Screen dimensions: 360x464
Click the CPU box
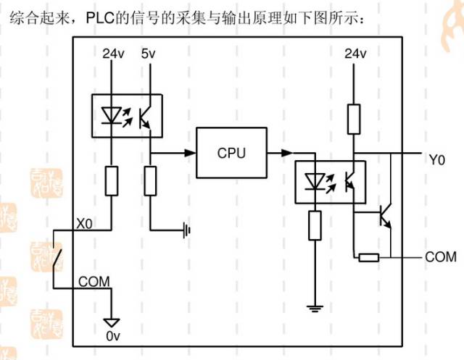231,153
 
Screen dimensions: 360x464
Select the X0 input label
86,224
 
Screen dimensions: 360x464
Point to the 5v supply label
149,54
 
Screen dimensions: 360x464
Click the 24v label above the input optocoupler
113,54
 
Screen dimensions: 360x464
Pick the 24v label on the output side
355,54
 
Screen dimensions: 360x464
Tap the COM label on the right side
441,256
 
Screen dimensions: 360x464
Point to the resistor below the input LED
113,180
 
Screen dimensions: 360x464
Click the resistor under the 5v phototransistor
150,180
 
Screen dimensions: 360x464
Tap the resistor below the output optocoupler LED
315,225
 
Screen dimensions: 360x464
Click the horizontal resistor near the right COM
368,256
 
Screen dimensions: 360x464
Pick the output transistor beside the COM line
384,214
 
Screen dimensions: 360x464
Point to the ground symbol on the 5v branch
187,231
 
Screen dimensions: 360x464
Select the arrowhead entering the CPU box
191,153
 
